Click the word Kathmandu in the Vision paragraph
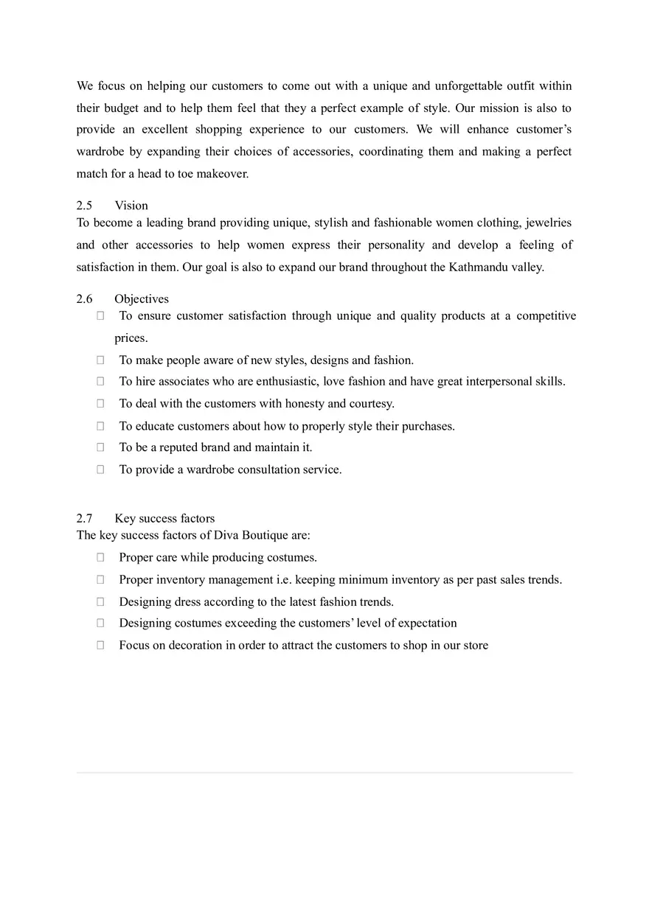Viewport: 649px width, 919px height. [476, 267]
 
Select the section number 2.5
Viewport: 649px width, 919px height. [84, 206]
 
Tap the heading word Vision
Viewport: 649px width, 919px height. [131, 206]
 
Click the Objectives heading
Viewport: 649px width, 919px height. [142, 298]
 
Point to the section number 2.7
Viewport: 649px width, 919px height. [84, 518]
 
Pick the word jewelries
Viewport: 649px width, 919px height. [549, 223]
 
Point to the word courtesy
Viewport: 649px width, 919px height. [371, 404]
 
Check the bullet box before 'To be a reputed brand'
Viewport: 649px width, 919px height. [100, 447]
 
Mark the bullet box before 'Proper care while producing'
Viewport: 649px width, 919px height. [100, 558]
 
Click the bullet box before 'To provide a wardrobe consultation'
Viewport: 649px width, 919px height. [100, 469]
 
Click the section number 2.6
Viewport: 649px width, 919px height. [84, 298]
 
